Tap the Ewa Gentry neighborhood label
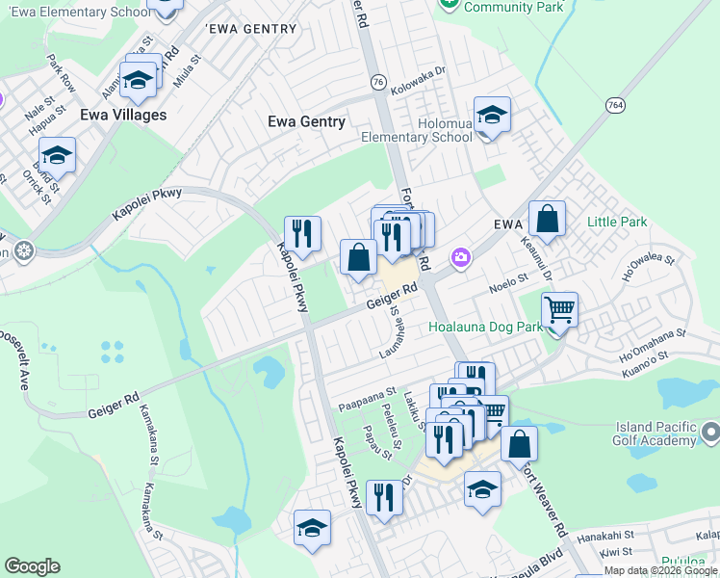click(x=306, y=121)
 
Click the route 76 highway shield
click(x=378, y=83)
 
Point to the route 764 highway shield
click(x=616, y=103)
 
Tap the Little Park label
click(x=618, y=223)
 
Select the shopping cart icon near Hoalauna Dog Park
click(x=559, y=311)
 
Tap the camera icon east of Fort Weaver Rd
click(x=461, y=256)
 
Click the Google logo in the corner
click(x=32, y=566)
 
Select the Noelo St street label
click(x=510, y=282)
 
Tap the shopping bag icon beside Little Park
click(x=547, y=219)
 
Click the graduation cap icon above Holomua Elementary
click(x=492, y=116)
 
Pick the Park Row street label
click(x=61, y=74)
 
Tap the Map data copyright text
click(x=660, y=570)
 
